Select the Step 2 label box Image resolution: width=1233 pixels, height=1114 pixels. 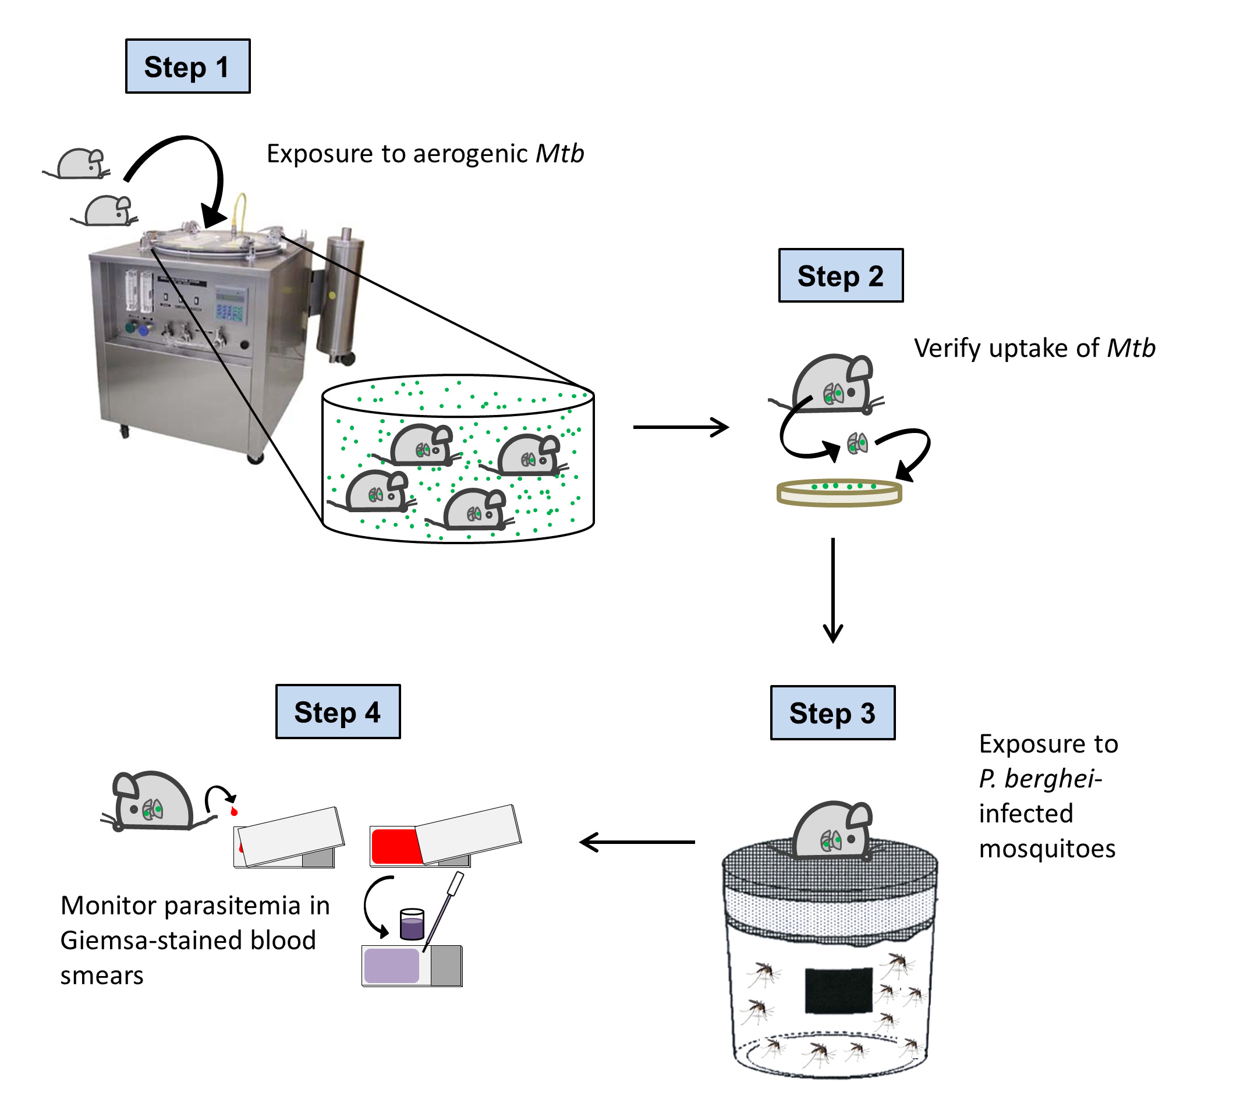(841, 276)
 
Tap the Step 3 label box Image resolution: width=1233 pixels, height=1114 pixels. (833, 714)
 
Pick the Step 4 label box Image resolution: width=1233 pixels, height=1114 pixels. (338, 712)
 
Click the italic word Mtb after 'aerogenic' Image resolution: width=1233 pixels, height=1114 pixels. (559, 154)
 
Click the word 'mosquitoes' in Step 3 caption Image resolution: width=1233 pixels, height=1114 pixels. (1047, 849)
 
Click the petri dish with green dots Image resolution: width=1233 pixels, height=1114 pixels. (839, 492)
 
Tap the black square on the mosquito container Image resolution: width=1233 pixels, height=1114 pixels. (838, 991)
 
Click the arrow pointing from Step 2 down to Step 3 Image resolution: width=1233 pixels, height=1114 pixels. (833, 590)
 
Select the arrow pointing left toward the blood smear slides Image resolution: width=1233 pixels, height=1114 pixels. (637, 843)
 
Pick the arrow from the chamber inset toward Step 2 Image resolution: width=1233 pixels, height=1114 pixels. (681, 427)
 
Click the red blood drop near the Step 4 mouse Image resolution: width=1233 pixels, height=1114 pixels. (233, 812)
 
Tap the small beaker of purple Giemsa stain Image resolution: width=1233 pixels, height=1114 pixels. (412, 924)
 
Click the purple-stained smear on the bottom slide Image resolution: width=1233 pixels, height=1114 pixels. (391, 966)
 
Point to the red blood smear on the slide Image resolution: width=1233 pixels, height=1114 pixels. (396, 847)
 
